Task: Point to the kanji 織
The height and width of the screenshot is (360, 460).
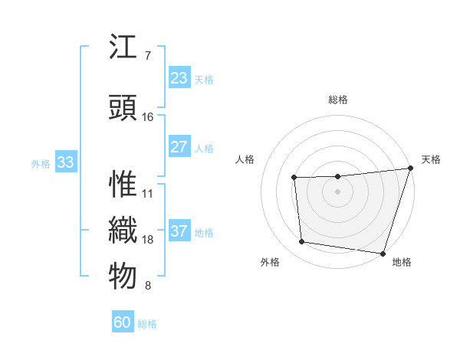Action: point(123,231)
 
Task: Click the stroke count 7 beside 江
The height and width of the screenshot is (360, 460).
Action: point(148,56)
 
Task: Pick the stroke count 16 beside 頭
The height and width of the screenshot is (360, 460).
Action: point(148,117)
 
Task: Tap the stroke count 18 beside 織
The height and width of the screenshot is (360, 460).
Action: point(148,240)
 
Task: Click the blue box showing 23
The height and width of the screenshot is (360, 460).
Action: point(179,78)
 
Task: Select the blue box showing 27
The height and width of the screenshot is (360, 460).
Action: point(179,147)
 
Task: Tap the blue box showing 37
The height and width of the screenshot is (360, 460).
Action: point(179,231)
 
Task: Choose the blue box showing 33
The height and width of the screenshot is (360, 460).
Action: point(65,162)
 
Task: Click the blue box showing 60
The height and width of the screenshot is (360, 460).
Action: point(123,322)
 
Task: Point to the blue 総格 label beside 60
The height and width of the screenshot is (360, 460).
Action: point(147,324)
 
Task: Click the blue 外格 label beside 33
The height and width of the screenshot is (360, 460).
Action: point(40,163)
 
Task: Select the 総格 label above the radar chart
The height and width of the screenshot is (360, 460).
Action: point(337,100)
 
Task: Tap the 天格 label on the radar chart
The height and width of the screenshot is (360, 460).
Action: point(431,159)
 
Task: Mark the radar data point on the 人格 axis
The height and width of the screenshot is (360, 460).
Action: point(294,178)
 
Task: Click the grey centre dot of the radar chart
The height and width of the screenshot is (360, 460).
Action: point(337,191)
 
